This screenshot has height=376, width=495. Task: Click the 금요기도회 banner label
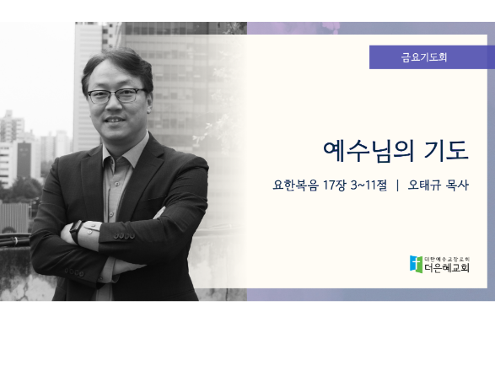(x=424, y=57)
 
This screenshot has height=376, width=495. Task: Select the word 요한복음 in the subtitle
(x=295, y=185)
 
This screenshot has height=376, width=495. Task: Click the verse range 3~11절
(x=369, y=185)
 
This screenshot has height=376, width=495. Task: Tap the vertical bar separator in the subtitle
(x=397, y=185)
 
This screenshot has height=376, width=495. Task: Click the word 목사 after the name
(x=457, y=185)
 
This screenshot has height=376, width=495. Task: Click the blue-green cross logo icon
(x=416, y=264)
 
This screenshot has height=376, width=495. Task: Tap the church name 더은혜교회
(x=447, y=268)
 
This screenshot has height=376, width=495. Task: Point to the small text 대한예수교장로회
(x=447, y=259)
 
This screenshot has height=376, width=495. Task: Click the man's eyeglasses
(x=116, y=95)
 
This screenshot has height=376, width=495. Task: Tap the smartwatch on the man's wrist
(x=76, y=231)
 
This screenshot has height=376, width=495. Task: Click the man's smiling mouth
(x=115, y=121)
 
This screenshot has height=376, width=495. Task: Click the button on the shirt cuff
(x=89, y=233)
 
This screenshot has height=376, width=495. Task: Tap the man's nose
(x=114, y=105)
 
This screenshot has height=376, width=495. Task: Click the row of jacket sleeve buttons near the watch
(x=124, y=235)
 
